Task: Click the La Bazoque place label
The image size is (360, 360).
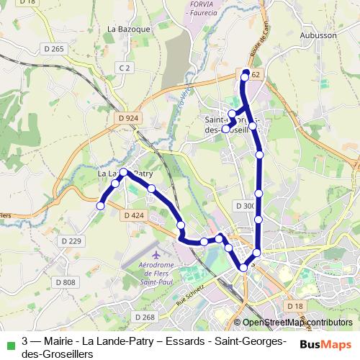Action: tap(128, 29)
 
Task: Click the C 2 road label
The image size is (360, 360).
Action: tap(125, 68)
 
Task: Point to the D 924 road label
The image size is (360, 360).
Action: tap(126, 118)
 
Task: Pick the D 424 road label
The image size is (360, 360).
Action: tap(135, 215)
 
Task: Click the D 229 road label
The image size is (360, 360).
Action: tap(72, 240)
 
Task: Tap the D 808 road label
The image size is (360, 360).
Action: tap(65, 282)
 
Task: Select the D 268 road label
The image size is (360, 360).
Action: tap(144, 318)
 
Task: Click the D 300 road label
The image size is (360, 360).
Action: tap(246, 206)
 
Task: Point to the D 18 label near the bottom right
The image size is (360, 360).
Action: tap(295, 307)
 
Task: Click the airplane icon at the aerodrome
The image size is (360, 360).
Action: tap(157, 256)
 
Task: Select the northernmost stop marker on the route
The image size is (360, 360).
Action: tap(246, 73)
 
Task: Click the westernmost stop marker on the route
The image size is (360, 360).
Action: tap(101, 206)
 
